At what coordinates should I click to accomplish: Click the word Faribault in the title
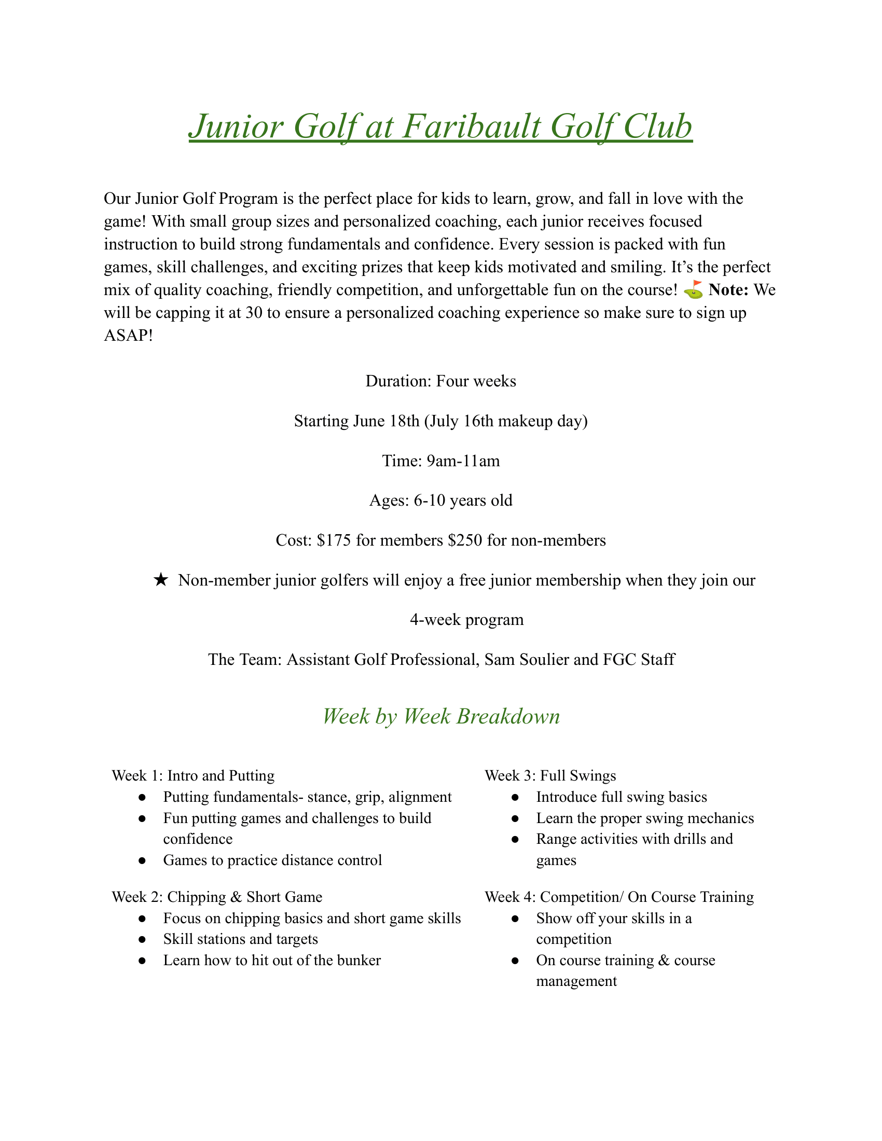(x=472, y=127)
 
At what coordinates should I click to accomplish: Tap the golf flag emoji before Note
(x=693, y=290)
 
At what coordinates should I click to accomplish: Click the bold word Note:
(x=728, y=290)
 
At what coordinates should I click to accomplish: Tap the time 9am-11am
(x=463, y=461)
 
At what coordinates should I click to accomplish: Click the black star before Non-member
(x=161, y=580)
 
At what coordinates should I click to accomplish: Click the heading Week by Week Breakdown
(x=441, y=716)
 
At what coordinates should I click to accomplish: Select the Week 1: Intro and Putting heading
(x=194, y=776)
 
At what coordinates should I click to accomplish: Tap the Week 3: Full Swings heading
(x=550, y=776)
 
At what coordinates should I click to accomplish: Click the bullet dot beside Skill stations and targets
(x=142, y=939)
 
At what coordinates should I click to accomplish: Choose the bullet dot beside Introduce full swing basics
(x=515, y=797)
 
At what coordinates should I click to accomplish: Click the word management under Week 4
(x=576, y=981)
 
